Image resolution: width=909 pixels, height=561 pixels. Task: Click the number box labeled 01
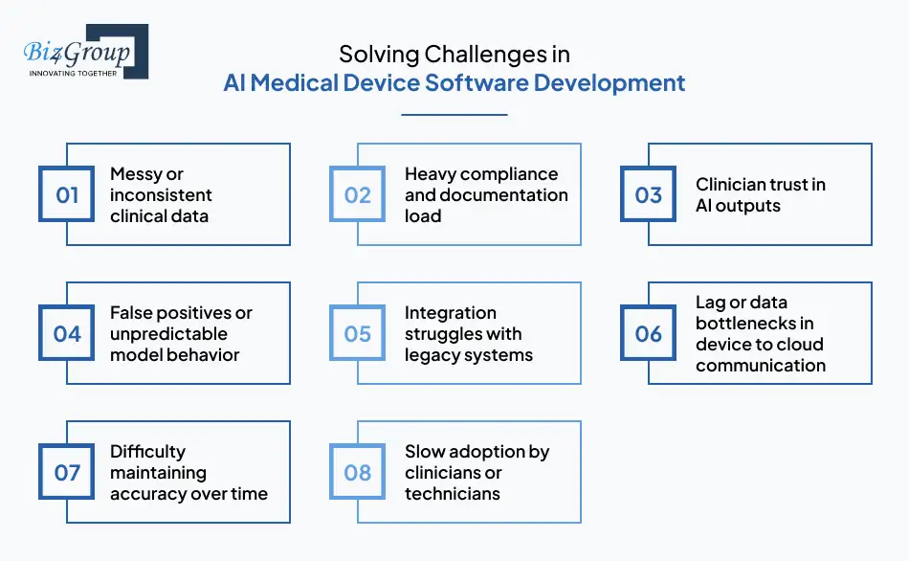pos(67,195)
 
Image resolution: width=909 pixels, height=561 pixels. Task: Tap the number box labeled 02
pos(358,195)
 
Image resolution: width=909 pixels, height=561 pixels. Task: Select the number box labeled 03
pos(649,195)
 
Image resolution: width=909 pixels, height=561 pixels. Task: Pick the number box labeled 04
pos(67,334)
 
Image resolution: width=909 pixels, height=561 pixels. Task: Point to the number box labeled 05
pos(358,334)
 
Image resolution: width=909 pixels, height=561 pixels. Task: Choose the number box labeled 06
pos(649,334)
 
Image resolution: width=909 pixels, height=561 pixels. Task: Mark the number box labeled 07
pos(67,473)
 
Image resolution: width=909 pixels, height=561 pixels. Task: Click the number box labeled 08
pos(358,473)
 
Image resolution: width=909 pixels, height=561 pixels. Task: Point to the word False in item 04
pos(132,313)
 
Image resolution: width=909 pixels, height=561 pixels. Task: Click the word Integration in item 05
pos(451,313)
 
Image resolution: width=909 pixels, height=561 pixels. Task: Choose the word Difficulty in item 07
pos(148,452)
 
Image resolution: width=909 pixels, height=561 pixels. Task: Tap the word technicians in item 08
pos(453,494)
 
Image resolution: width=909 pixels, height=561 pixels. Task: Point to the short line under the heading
pos(454,115)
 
